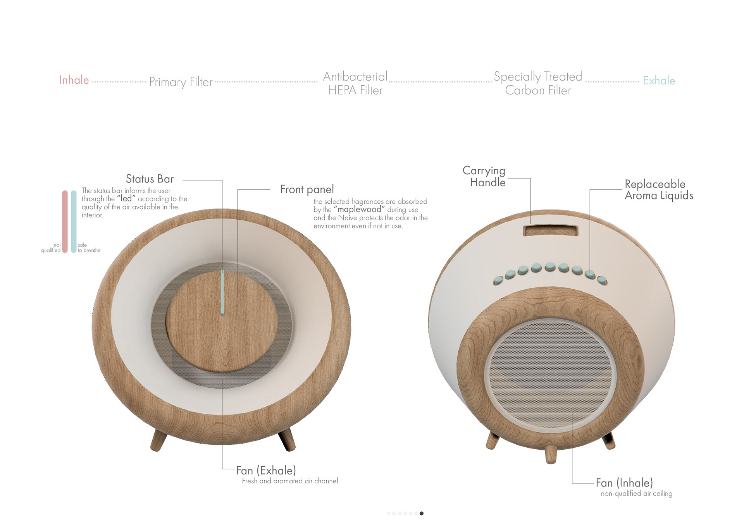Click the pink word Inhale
74,80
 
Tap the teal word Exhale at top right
659,81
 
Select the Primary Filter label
181,82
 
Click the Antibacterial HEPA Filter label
355,83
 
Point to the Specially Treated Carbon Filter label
538,83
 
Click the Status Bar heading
150,179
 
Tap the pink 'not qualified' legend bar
65,222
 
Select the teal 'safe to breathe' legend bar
74,222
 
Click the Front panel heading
307,189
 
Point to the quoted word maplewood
359,210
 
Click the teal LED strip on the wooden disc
222,292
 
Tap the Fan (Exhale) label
266,471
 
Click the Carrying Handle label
484,177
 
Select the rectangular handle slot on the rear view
550,231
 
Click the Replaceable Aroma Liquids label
659,190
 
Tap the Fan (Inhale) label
624,483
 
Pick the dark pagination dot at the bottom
422,513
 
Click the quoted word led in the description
126,199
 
